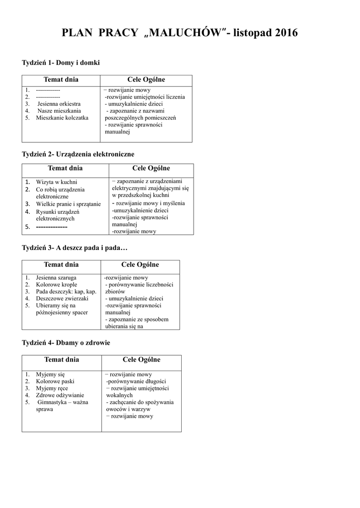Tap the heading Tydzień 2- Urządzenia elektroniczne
coord(78,154)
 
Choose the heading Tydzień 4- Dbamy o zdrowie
coord(66,343)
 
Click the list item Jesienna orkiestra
coord(59,104)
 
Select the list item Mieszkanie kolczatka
coord(62,118)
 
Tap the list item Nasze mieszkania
coord(59,111)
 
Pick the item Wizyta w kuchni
coord(57,182)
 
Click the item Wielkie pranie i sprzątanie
coord(68,204)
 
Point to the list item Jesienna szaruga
coord(56,278)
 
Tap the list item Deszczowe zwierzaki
coord(62,299)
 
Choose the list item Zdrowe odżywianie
coord(60,395)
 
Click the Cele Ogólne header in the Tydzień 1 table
coord(146,80)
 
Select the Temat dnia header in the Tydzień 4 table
coord(62,360)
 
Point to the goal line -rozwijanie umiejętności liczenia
coord(145,97)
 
